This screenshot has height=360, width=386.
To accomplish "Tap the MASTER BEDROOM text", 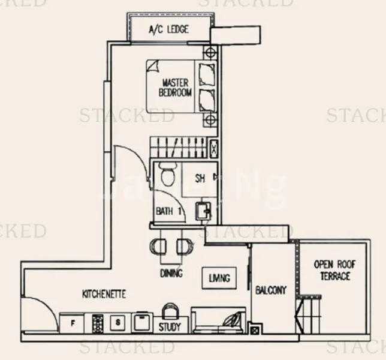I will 175,88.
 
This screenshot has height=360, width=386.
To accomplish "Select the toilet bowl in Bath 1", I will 168,175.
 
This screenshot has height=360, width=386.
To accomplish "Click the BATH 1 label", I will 168,211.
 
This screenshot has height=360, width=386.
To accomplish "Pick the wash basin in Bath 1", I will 203,211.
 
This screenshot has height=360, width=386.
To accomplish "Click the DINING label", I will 171,273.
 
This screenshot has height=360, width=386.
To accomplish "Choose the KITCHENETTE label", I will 104,295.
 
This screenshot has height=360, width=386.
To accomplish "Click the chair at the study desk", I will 170,311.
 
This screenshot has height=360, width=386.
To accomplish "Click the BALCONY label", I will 271,290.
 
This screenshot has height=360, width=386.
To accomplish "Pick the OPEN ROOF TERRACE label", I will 331,271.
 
